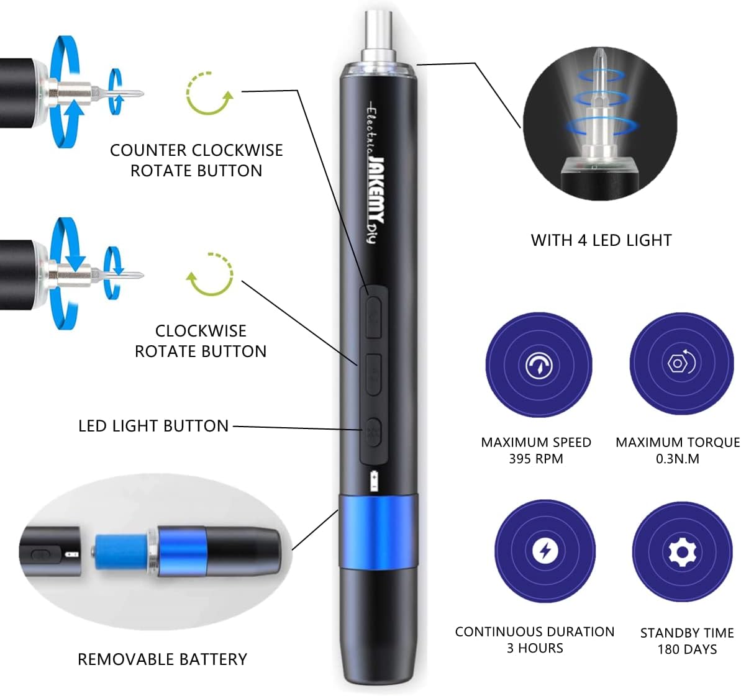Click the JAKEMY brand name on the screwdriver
pos(376,190)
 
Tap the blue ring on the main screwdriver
pos(377,531)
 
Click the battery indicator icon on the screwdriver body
pos(374,481)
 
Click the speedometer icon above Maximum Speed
pos(539,365)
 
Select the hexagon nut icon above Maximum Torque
pos(681,363)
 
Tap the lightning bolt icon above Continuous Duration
pos(545,550)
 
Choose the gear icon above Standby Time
pos(682,551)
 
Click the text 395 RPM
pos(535,459)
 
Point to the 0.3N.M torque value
pos(677,459)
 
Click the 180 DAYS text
pos(687,649)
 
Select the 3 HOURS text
pos(535,648)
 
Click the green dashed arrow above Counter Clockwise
pos(209,94)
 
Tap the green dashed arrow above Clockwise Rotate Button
pos(211,274)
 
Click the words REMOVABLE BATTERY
pos(162,659)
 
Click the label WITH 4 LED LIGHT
pos(601,240)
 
